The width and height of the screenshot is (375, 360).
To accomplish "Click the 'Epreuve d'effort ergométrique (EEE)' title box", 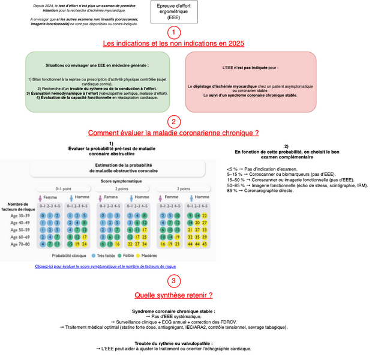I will point(173,11).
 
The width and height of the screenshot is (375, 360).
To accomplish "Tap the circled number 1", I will point(173,32).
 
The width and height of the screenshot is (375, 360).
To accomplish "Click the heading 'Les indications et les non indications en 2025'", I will point(173,44).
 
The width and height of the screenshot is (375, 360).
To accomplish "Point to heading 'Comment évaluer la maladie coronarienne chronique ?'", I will point(173,133).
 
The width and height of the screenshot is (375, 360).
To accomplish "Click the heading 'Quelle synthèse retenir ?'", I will point(173,295).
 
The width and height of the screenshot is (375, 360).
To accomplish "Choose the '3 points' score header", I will point(180,188).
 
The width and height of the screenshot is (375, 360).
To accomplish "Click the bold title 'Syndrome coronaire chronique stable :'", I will point(173,311).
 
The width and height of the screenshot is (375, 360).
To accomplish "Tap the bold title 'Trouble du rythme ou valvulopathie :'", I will point(173,343).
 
